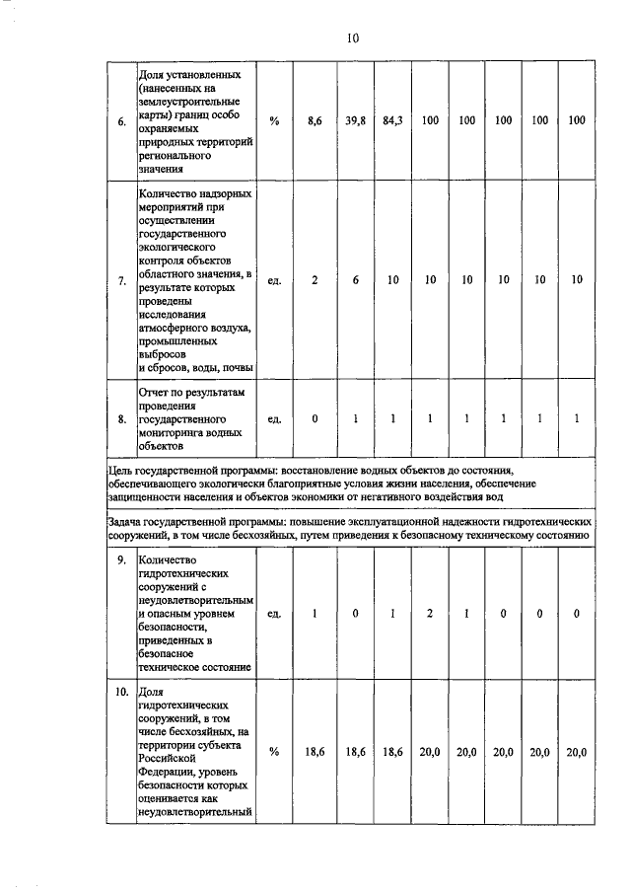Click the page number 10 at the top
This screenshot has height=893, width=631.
point(352,38)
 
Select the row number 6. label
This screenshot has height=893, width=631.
point(121,121)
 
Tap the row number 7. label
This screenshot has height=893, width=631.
point(121,280)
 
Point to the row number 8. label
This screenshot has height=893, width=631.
point(121,419)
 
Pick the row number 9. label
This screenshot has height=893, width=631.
point(121,561)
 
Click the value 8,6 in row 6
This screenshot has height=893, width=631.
point(315,120)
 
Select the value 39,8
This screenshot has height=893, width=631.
point(356,120)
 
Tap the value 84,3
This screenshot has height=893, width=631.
point(392,120)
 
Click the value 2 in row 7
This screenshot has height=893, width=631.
point(315,280)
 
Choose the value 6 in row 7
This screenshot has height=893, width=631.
point(356,280)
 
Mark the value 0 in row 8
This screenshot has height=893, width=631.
point(315,419)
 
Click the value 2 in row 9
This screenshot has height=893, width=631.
point(430,614)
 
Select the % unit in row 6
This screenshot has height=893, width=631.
point(275,120)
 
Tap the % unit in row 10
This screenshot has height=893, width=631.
point(275,752)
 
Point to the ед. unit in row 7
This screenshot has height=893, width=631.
point(275,280)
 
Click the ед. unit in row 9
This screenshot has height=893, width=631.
point(275,614)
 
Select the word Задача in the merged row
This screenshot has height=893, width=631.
point(129,519)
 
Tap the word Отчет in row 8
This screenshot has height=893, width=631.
point(158,393)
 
